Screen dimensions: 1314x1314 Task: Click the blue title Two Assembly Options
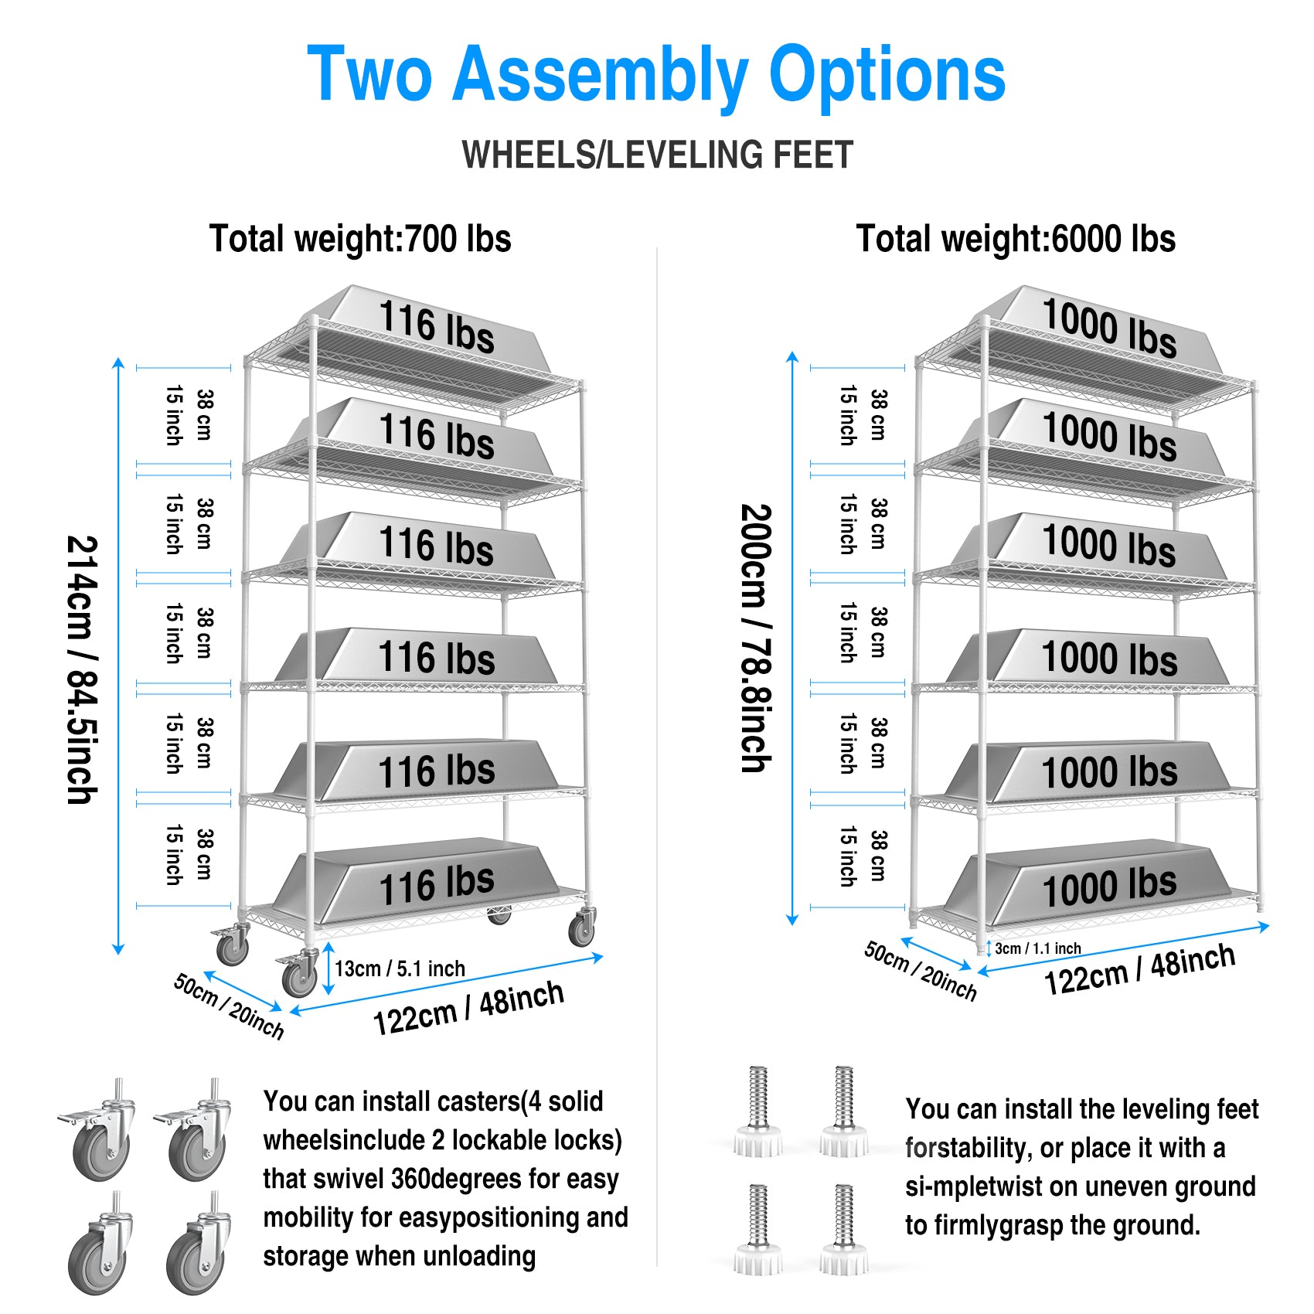(x=656, y=74)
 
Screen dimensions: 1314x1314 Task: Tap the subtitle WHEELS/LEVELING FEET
(x=657, y=155)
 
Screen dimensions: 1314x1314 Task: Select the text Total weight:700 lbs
(x=360, y=239)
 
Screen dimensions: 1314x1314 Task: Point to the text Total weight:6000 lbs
(x=1016, y=239)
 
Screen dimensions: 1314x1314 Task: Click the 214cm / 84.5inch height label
(x=82, y=669)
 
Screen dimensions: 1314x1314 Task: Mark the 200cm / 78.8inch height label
(x=756, y=638)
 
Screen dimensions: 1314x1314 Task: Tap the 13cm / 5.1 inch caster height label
(x=400, y=968)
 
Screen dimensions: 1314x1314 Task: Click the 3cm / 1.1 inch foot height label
(x=1037, y=948)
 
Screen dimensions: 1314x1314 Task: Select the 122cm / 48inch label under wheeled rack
(x=468, y=1008)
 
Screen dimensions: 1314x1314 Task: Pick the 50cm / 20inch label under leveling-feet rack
(x=920, y=970)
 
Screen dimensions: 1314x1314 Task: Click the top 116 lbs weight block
(x=437, y=328)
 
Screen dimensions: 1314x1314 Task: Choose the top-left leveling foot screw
(x=758, y=1113)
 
